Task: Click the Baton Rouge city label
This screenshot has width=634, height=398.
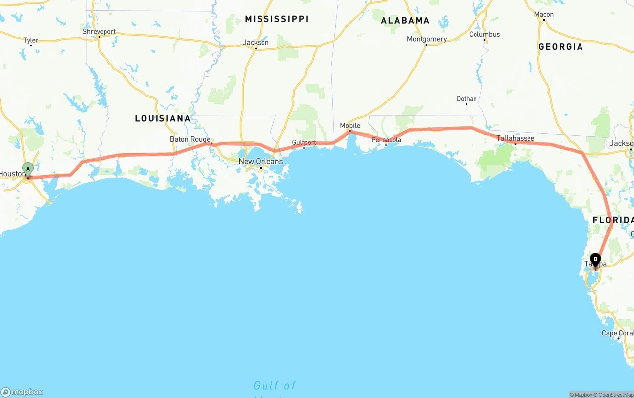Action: click(x=190, y=139)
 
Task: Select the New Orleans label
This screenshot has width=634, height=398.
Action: click(x=261, y=161)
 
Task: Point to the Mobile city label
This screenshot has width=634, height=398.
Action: click(x=350, y=125)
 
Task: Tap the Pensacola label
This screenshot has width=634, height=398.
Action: click(x=386, y=140)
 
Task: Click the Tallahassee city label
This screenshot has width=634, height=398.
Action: click(x=516, y=138)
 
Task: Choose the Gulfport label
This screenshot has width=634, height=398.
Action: click(x=304, y=142)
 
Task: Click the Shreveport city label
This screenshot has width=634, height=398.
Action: click(x=99, y=32)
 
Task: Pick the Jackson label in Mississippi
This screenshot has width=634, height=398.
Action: click(x=256, y=43)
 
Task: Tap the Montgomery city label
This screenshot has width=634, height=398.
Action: click(x=426, y=39)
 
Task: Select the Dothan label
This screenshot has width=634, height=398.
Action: click(x=466, y=99)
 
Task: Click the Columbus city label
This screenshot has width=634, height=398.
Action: click(x=484, y=34)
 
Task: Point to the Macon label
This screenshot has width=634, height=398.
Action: click(x=544, y=14)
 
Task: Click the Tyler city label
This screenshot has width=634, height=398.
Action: click(x=31, y=40)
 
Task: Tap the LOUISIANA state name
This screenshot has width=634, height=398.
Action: click(x=163, y=118)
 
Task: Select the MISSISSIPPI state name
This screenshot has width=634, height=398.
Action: click(x=276, y=19)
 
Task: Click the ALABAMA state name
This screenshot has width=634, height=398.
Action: click(x=405, y=21)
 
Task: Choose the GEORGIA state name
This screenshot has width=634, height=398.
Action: click(x=561, y=47)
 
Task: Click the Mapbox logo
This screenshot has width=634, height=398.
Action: click(x=22, y=392)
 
